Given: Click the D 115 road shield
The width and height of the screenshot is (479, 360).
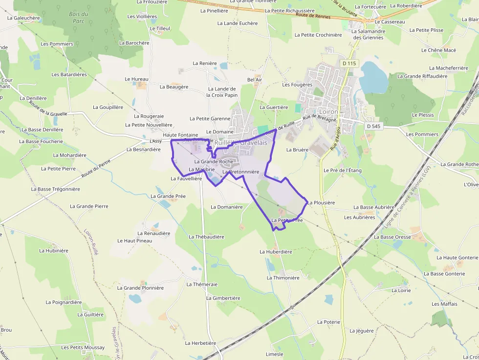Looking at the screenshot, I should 349,64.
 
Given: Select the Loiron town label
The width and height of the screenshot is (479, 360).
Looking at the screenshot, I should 328,112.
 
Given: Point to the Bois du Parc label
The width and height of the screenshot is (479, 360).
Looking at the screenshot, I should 79,18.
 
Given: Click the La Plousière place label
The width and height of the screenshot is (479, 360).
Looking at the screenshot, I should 321,202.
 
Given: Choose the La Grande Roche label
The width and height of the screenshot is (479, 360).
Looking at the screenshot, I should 214,162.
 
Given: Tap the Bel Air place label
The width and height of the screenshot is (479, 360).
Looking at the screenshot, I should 255,80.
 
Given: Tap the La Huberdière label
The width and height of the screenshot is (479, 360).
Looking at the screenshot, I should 276,252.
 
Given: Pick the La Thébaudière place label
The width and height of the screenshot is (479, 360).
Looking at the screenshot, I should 206,237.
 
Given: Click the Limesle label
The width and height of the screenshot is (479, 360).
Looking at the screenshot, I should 274,354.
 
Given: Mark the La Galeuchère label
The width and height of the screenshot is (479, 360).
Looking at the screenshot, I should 23,18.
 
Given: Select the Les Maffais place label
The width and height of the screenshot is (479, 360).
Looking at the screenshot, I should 444,304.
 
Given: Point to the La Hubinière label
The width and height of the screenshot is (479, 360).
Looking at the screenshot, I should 54,251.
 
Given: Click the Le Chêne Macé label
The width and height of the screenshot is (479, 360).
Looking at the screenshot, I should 438,50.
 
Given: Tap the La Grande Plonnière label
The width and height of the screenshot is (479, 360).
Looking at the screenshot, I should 140,288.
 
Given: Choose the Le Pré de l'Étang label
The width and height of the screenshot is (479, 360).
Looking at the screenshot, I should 343,170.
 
